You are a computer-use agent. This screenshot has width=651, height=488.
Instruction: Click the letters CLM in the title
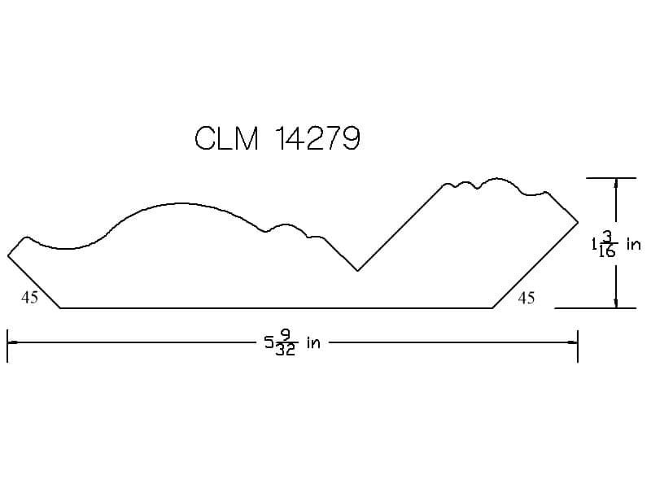pos(227,138)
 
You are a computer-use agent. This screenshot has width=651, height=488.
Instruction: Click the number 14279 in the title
pos(317,138)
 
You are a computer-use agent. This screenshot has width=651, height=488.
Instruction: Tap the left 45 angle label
pos(29,298)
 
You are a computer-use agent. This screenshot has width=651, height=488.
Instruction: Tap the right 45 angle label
pos(526,298)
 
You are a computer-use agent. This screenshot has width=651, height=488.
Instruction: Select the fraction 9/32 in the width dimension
pos(286,342)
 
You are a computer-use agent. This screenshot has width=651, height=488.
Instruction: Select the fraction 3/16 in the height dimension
pos(607,245)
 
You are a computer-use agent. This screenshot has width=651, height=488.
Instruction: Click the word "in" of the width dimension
pos(313,342)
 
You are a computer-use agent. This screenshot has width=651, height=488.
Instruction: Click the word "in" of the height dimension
pos(634,244)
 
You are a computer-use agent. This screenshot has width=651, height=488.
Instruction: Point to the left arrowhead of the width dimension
pos(12,342)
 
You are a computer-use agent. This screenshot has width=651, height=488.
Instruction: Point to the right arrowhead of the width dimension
pos(573,342)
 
